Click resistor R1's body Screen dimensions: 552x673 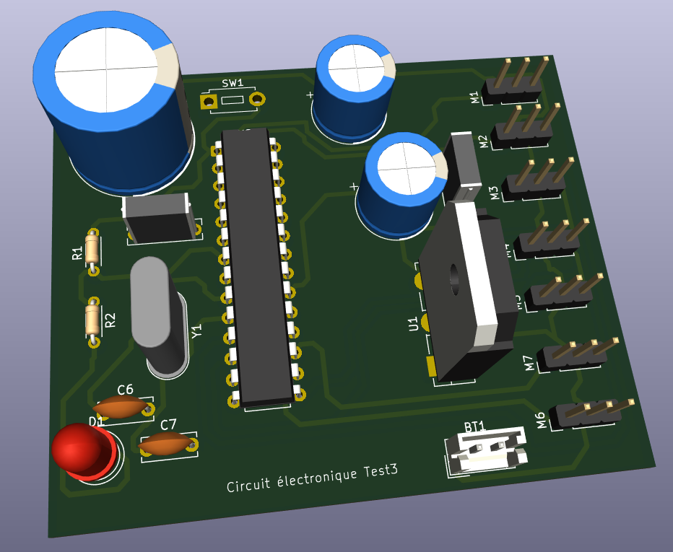click(92, 250)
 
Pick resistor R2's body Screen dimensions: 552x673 click(92, 319)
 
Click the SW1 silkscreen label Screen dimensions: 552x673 click(233, 84)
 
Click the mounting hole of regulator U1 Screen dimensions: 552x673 click(455, 279)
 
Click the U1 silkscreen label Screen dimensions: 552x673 click(414, 324)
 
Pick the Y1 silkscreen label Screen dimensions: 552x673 click(196, 331)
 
